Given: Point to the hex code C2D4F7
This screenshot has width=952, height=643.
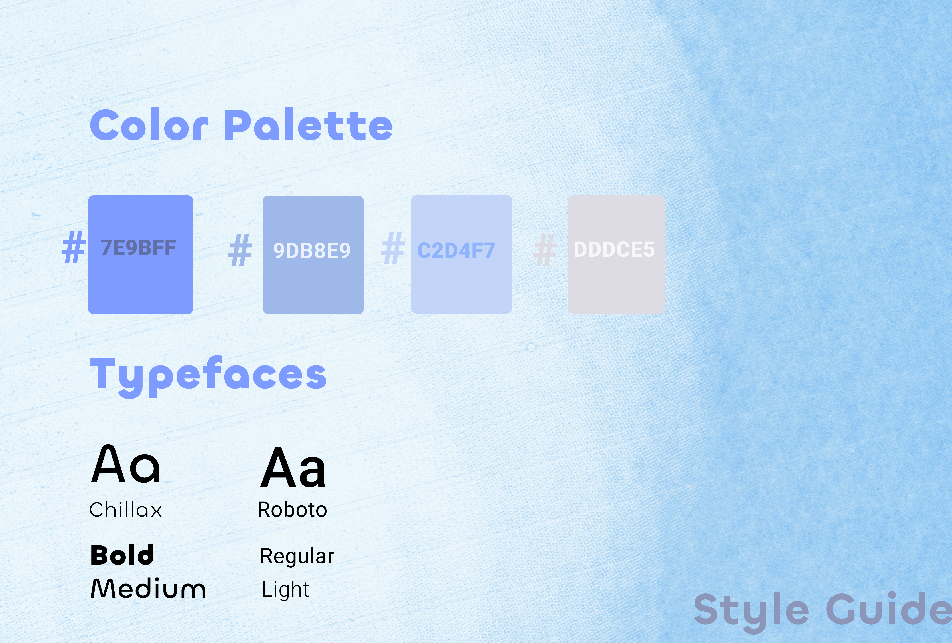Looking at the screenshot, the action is (x=456, y=250).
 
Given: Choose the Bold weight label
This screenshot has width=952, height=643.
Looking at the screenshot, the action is (x=122, y=555).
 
